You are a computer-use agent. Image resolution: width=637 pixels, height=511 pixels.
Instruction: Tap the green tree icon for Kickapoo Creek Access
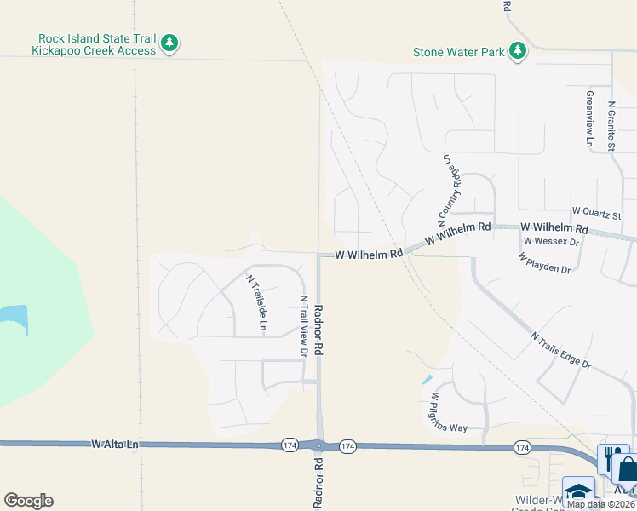169,43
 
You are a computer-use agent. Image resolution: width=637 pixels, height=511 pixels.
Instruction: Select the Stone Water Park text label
458,52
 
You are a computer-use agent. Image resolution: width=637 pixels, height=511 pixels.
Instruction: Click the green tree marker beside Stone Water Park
517,52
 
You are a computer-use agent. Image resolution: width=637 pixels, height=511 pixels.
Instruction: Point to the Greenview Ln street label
588,120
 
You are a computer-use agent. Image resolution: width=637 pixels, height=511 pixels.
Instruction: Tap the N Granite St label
611,126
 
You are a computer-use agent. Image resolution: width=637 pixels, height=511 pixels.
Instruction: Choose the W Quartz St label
597,210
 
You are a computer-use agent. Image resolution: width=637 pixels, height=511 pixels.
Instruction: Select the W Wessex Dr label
551,241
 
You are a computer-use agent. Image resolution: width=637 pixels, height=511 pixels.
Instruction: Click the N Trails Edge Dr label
560,350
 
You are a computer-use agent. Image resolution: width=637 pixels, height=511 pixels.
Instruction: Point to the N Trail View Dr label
303,326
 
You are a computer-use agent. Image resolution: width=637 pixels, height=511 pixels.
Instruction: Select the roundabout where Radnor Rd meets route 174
319,445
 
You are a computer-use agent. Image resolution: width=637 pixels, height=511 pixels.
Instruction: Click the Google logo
28,501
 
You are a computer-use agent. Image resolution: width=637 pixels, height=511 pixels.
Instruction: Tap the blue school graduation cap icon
578,492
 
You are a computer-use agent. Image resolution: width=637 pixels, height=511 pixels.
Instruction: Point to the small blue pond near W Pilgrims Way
427,380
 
